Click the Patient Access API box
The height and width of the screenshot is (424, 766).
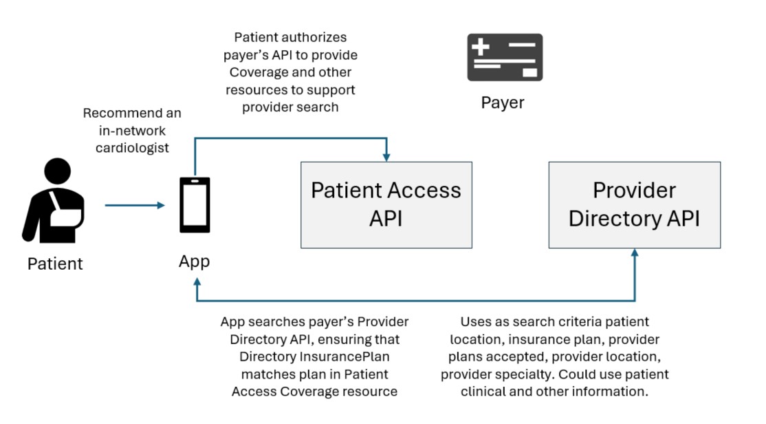tap(386, 204)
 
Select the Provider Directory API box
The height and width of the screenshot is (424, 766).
tap(634, 204)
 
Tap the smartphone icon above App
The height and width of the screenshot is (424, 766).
tap(195, 205)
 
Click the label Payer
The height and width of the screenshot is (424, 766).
tap(503, 103)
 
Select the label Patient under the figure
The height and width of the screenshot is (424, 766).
tap(55, 263)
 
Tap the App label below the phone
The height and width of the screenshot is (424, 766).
tap(195, 261)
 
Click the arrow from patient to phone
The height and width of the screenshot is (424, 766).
tap(135, 205)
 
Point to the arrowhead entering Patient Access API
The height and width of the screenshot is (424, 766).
tap(388, 157)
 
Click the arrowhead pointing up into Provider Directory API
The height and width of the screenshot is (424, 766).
tap(634, 253)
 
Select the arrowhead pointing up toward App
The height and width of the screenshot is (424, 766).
tap(197, 282)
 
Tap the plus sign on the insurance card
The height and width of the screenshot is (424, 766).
tap(481, 47)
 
